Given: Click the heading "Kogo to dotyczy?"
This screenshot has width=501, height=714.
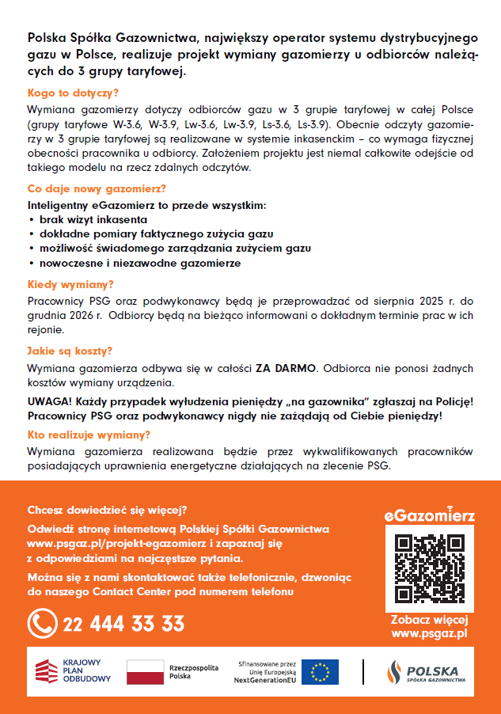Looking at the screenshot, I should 68,93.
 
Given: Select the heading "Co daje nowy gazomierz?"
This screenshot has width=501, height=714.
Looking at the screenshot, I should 97,189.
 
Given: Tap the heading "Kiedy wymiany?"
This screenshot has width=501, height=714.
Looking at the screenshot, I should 70,284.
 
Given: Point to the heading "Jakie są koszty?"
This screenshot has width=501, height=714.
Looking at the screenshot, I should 70,351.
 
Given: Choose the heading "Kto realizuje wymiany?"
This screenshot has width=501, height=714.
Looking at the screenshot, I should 89,435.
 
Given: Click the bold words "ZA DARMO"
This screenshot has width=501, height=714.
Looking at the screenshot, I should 286,369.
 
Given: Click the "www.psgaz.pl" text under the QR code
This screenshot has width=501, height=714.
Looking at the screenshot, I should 429,633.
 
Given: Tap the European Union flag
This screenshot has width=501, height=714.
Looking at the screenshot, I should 320,672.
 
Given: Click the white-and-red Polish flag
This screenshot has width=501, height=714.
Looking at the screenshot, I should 145,672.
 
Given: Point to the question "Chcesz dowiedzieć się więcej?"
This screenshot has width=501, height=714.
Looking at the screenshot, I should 107,509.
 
